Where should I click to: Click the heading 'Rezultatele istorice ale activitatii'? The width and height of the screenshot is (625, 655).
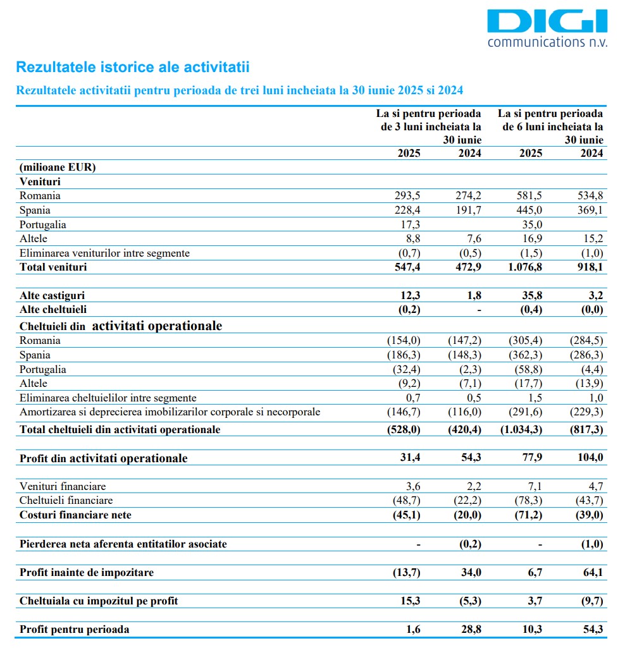(x=133, y=67)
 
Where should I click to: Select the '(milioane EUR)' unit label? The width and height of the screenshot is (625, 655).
(x=58, y=168)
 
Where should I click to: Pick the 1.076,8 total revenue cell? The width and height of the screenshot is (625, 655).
(x=524, y=267)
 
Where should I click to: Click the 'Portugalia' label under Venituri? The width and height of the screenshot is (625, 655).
(x=43, y=224)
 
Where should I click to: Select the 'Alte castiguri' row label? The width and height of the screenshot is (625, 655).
(x=53, y=295)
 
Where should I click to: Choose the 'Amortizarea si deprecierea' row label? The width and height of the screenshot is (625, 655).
(x=170, y=412)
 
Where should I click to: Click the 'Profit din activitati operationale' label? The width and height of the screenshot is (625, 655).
(x=104, y=458)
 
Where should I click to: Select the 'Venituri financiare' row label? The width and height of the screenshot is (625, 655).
(x=63, y=486)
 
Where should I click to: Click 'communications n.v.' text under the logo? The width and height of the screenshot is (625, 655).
(x=547, y=42)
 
